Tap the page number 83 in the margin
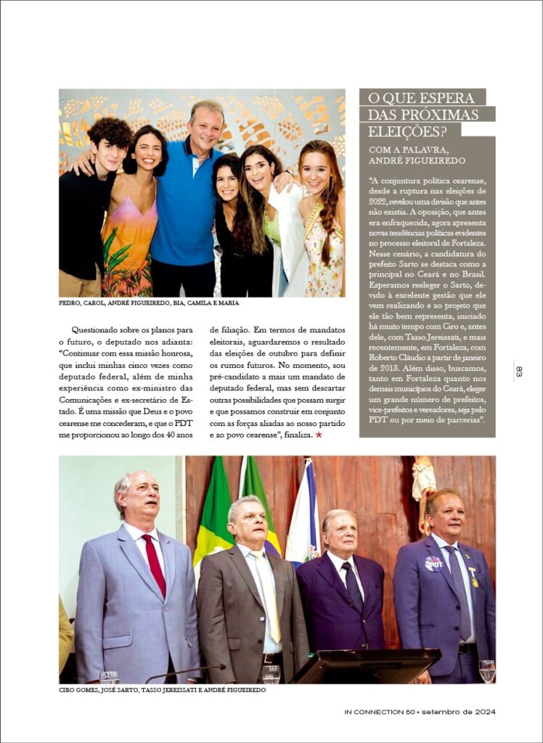click(519, 371)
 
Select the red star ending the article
click(319, 435)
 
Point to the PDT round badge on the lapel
click(434, 563)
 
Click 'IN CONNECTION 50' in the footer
click(378, 712)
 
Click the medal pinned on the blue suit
click(473, 580)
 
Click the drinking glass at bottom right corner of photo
click(487, 670)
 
